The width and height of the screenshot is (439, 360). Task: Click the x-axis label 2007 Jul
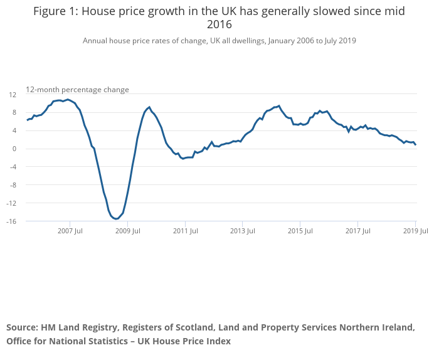click(x=70, y=231)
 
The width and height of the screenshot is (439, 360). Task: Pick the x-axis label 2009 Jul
click(x=127, y=231)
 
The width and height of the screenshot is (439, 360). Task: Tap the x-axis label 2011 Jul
click(x=185, y=231)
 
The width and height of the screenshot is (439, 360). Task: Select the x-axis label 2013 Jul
click(x=242, y=231)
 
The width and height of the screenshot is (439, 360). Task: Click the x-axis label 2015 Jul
click(x=300, y=231)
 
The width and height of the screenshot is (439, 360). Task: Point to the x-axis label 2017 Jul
click(x=357, y=231)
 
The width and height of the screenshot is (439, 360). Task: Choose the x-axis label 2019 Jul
click(x=415, y=231)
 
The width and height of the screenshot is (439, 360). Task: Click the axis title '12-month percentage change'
click(x=77, y=90)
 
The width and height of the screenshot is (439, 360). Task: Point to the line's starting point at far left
click(x=27, y=120)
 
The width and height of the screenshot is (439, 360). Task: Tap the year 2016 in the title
click(x=219, y=25)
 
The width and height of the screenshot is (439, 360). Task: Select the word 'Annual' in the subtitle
click(x=96, y=41)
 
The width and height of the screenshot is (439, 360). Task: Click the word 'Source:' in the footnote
click(x=22, y=327)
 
